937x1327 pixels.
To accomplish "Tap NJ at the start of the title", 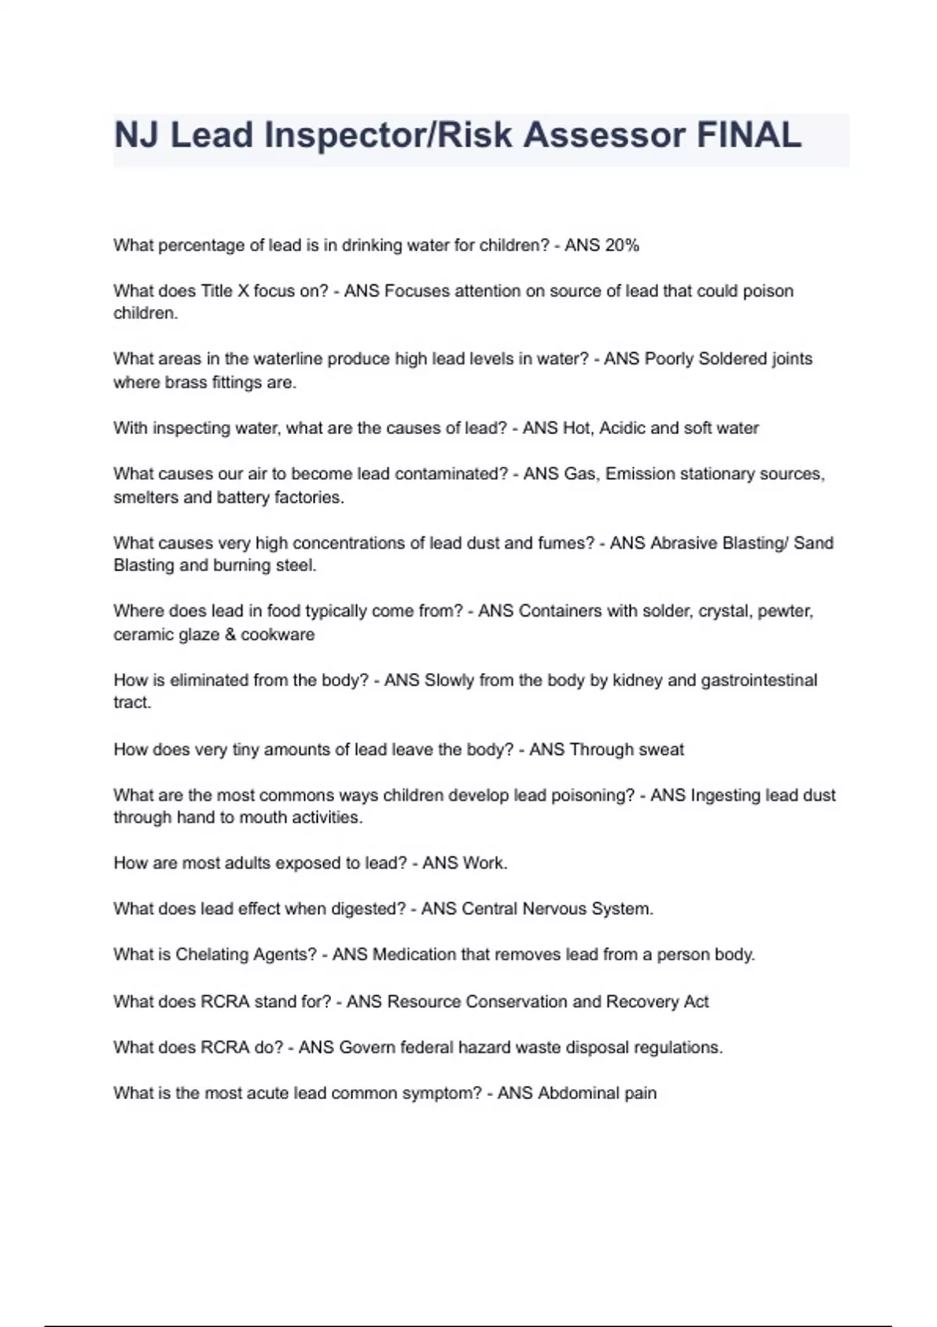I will click(x=137, y=135).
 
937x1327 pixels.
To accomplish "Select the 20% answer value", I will click(x=622, y=245).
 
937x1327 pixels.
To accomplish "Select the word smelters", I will click(x=145, y=497).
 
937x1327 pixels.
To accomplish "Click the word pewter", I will click(x=788, y=611).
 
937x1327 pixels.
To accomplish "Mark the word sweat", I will click(x=661, y=749).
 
